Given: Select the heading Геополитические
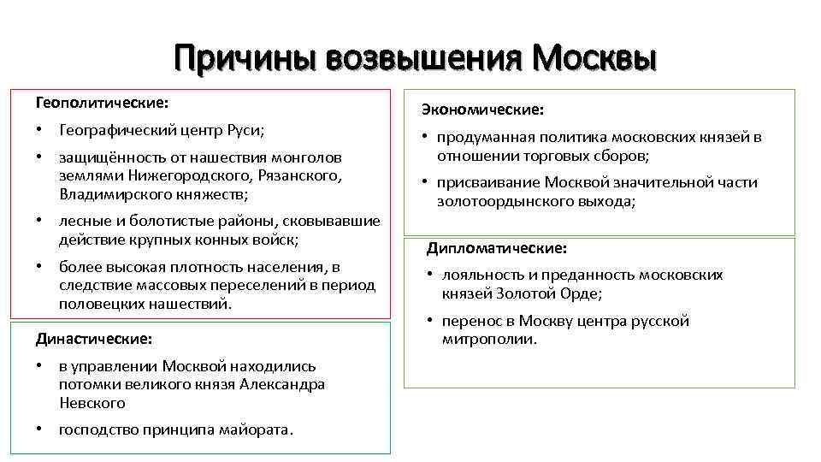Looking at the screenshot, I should [x=102, y=103].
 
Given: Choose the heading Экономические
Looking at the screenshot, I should [x=481, y=110].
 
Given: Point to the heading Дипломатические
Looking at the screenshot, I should [x=496, y=248].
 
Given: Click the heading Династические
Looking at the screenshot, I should [x=94, y=339].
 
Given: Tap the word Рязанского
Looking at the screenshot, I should [x=301, y=175].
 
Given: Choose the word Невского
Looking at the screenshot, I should [x=92, y=402].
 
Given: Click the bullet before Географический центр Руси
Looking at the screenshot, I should [x=39, y=130].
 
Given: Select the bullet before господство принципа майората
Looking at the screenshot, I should [x=39, y=429].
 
